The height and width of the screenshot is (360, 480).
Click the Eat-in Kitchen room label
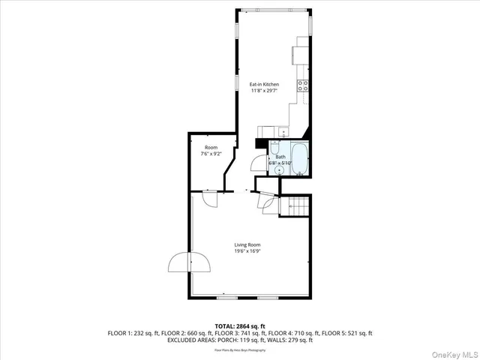coord(264,85)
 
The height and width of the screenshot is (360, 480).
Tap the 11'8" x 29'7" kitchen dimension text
coord(264,91)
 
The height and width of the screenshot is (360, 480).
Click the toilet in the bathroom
coord(275,145)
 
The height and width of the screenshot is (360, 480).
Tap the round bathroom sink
coord(279,170)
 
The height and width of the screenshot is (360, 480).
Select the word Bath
coord(280,157)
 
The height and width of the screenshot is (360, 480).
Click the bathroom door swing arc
coord(256,162)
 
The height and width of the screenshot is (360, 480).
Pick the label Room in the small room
coord(211,148)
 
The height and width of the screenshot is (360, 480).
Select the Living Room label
coord(247,244)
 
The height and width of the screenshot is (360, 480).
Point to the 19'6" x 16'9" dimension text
coord(247,252)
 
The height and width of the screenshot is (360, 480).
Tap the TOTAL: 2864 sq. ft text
coord(239,326)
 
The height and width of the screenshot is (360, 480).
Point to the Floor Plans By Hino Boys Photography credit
coord(239,350)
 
